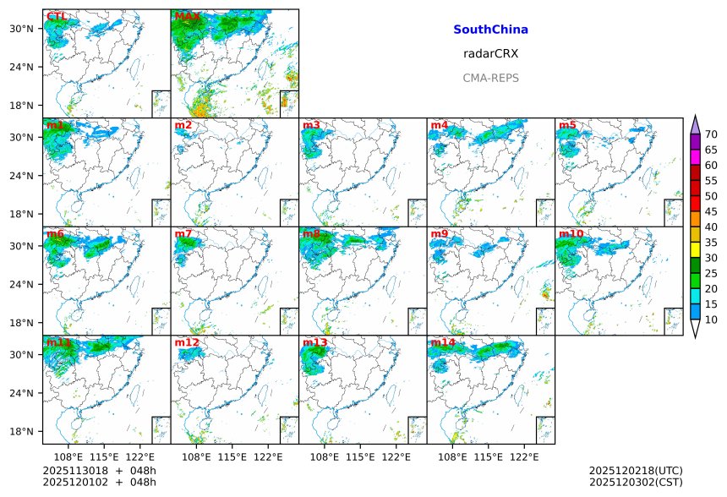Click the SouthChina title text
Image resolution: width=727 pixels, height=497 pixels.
click(x=490, y=30)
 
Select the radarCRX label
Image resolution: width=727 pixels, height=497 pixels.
click(x=490, y=53)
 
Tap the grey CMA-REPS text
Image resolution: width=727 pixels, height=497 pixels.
click(x=490, y=78)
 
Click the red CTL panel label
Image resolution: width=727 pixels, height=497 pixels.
click(x=57, y=16)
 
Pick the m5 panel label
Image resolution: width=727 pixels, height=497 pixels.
click(x=567, y=125)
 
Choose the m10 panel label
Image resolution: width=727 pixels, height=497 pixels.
click(x=570, y=234)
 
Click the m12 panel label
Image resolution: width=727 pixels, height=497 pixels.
click(x=186, y=342)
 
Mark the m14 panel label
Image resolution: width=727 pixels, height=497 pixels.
click(x=443, y=342)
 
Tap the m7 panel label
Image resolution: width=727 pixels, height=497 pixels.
click(x=183, y=234)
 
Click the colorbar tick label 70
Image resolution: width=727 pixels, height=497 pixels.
click(x=711, y=134)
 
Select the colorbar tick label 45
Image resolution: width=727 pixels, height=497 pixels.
click(x=711, y=211)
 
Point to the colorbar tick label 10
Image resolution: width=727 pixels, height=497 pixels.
click(x=711, y=319)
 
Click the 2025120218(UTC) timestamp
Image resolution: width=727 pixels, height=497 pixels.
click(x=636, y=470)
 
